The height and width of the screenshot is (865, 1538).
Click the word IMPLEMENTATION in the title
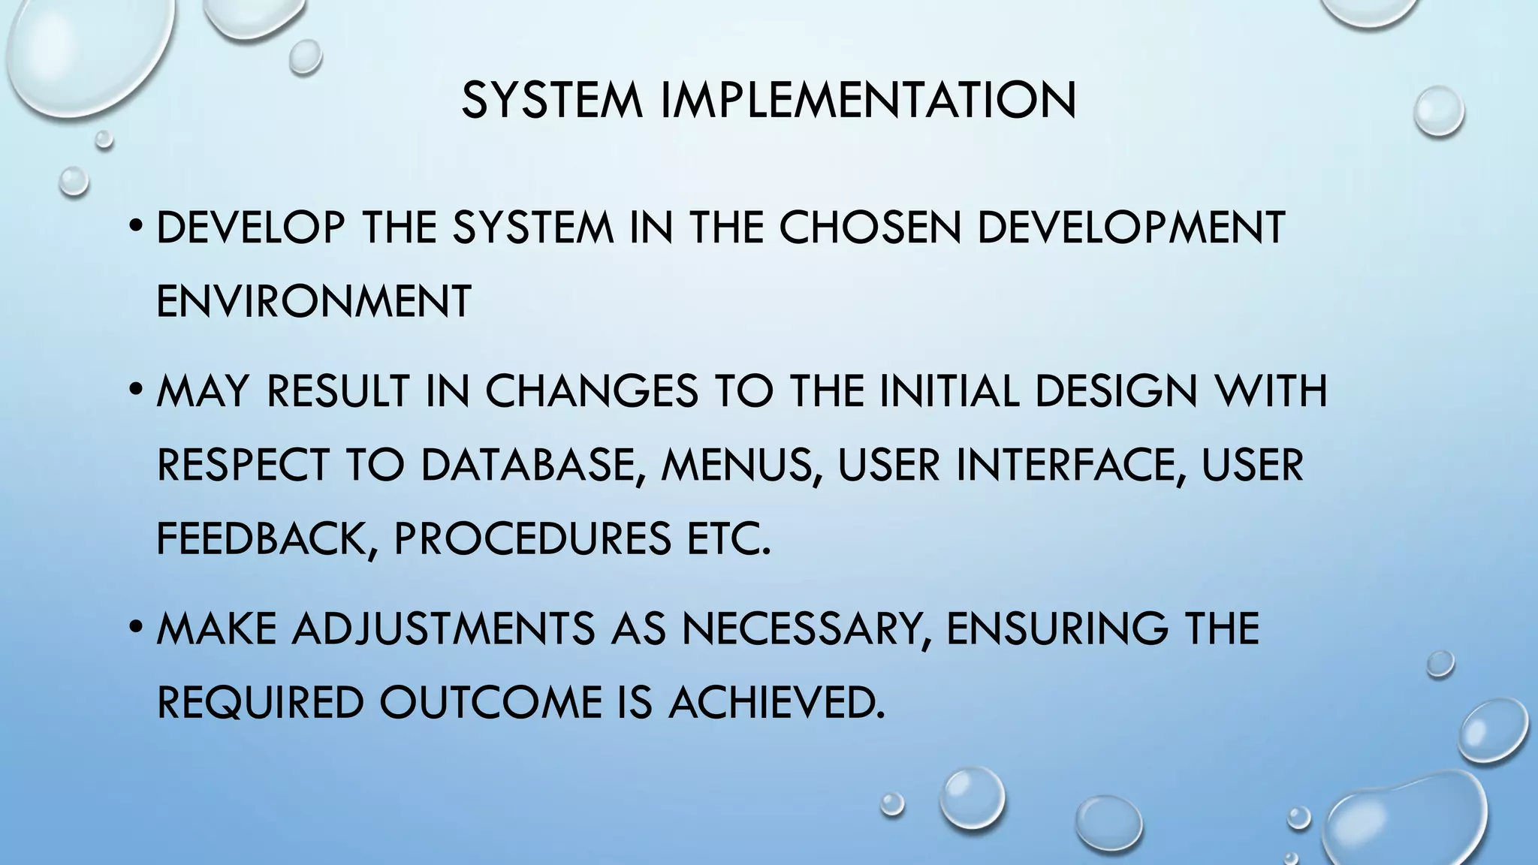tap(868, 100)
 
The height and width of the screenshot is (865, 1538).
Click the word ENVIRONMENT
tap(314, 301)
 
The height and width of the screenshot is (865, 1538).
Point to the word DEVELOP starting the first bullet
tap(251, 228)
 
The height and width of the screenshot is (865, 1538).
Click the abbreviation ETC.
tap(729, 538)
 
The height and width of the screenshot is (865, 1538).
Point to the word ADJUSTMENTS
tap(444, 628)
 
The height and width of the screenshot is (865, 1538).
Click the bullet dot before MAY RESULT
tap(134, 390)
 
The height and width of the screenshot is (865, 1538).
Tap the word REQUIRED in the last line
tap(260, 702)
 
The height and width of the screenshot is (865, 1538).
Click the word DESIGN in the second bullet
tap(1116, 391)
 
